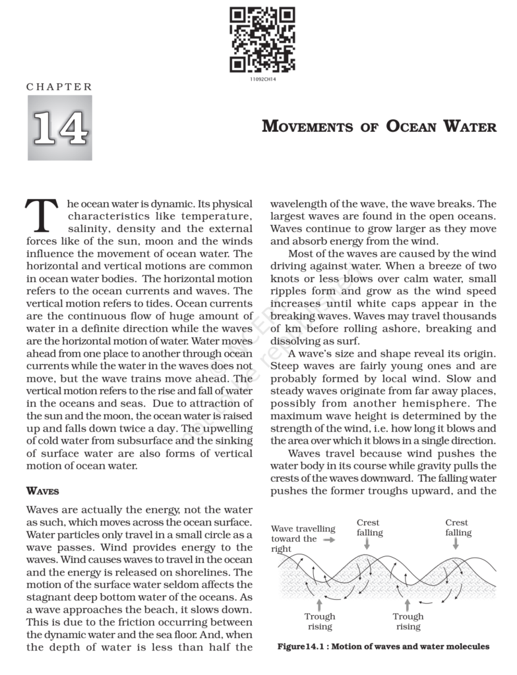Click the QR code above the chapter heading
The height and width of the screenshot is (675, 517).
(262, 40)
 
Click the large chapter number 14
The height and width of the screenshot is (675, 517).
(59, 128)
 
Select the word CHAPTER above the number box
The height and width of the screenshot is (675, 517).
(59, 87)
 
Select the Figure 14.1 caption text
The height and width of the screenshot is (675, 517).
(383, 647)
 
